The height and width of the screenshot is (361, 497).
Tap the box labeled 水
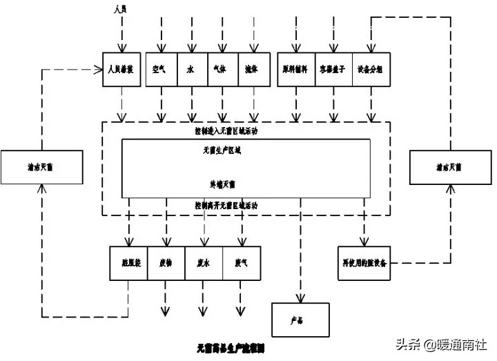coord(191,70)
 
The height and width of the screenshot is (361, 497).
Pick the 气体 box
coord(222,70)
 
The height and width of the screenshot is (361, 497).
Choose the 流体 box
coord(252,70)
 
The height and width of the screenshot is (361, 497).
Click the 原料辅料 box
coord(295,70)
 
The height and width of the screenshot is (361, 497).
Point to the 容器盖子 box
coord(333,70)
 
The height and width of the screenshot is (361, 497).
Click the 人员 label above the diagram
coord(122,9)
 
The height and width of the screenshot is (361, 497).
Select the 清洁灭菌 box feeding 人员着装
coord(42,167)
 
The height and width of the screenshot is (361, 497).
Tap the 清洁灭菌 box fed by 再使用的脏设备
coord(449,167)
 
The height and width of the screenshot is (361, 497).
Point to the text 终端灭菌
coord(222,184)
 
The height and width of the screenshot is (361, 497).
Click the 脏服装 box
coord(129,262)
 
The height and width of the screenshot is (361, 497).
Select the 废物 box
coord(166,262)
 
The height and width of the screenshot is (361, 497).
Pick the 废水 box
coord(204,262)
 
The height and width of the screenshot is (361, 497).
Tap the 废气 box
coord(241,262)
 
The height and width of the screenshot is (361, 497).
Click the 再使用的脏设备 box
coord(367,263)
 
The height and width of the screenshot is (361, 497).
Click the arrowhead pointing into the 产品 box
coord(300,299)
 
